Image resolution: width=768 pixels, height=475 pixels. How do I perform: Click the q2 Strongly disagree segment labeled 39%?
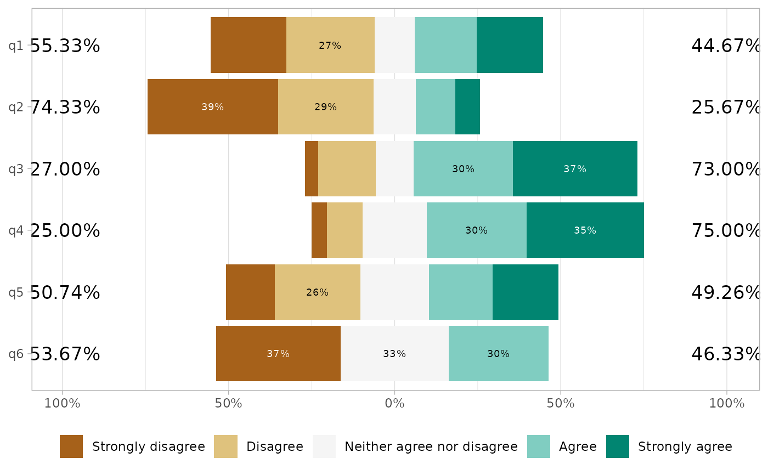(213, 107)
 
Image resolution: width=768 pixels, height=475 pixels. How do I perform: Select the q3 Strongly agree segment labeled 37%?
(575, 169)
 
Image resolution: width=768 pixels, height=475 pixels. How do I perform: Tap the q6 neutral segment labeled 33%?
(394, 354)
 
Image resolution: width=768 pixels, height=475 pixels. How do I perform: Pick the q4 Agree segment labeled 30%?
(476, 230)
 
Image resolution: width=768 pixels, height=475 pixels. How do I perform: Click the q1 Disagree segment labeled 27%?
(330, 46)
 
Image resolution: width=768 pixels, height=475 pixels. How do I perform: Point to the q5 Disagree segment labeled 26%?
(317, 292)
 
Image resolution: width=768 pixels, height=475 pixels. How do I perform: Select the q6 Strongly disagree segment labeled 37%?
(278, 354)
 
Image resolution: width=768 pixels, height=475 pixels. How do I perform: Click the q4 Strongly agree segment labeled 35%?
(585, 230)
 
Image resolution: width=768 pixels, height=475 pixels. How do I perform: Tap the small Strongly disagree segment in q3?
(312, 169)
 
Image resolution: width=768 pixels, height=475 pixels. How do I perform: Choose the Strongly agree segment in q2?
(467, 107)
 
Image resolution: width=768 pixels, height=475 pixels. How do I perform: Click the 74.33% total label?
(65, 108)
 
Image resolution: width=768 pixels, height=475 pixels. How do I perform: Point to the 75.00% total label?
(726, 231)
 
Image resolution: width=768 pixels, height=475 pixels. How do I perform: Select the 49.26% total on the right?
(726, 293)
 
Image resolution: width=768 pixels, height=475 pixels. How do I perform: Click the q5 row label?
(16, 292)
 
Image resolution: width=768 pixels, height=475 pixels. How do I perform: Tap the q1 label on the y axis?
(16, 46)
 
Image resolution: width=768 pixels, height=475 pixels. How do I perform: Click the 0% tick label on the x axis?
(394, 404)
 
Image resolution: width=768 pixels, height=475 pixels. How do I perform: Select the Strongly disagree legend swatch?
(71, 446)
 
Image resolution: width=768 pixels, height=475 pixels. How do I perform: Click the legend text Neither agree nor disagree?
(431, 446)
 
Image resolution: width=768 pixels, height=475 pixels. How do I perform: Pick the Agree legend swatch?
(539, 446)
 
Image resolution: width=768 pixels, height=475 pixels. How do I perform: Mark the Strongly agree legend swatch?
(618, 446)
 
